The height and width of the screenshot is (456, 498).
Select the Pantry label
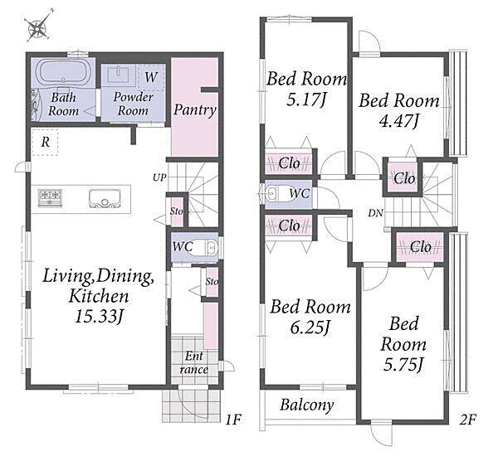[195, 110]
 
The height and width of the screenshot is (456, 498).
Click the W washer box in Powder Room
[152, 77]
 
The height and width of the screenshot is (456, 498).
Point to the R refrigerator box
[45, 142]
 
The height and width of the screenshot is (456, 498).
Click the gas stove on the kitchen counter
[50, 197]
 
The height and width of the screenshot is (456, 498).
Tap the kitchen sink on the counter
[105, 199]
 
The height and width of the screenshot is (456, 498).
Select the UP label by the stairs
[159, 177]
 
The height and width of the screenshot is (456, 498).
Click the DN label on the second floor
[376, 213]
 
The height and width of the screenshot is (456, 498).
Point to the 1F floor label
[233, 420]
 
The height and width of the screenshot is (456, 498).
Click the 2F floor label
[468, 420]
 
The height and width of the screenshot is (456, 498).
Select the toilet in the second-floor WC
[276, 194]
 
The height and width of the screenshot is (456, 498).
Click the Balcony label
[307, 405]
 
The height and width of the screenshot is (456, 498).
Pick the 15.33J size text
[99, 317]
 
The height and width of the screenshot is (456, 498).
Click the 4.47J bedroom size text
[399, 120]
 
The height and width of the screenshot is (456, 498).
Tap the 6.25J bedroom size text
[310, 327]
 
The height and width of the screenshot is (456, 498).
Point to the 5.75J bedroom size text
[403, 364]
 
